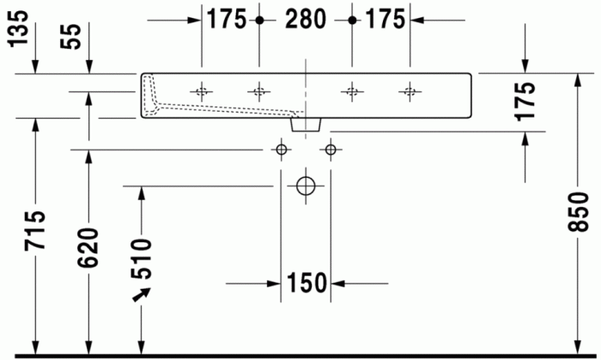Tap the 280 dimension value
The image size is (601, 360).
coord(304,18)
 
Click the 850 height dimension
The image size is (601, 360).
coord(578,215)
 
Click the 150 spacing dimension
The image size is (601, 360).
coord(307,282)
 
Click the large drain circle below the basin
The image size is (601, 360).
coord(305,186)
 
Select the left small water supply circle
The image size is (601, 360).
coord(280,150)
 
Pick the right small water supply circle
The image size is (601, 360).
coord(331,150)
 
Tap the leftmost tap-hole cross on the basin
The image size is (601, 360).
coord(202,90)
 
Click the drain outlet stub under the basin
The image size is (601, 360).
coord(307,125)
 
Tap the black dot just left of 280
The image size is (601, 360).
coord(258,19)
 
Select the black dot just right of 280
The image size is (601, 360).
coord(351,19)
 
